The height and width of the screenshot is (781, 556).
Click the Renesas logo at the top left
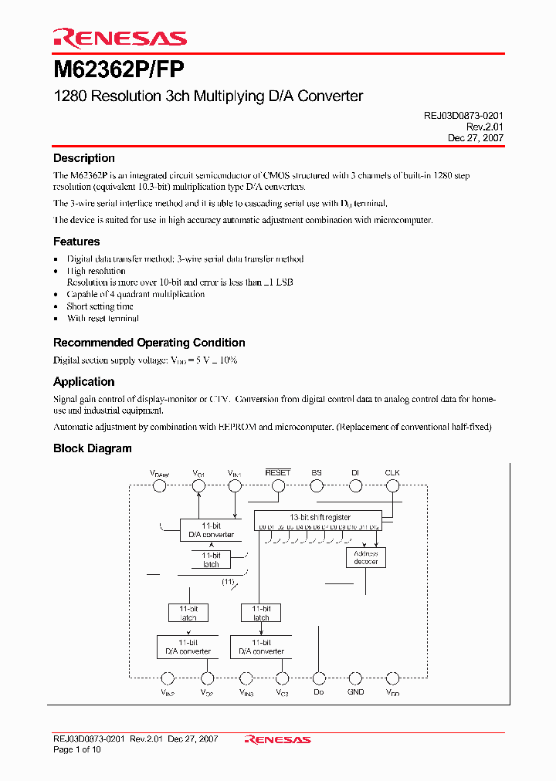coord(119,38)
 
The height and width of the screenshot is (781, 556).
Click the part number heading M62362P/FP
coord(119,70)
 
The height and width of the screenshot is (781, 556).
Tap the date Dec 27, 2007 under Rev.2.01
coord(476,137)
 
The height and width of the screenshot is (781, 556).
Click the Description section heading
coord(83,158)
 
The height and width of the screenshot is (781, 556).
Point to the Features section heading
coord(76,242)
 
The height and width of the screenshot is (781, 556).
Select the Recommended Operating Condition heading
coord(149,343)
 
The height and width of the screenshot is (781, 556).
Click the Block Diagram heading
coord(92,448)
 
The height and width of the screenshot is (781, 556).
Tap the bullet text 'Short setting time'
coord(100,306)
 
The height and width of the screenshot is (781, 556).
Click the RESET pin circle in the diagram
coord(277,485)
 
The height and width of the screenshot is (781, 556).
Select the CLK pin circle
coord(392,485)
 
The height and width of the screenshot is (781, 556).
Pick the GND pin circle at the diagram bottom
coord(355,678)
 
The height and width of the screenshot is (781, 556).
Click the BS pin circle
coord(317,485)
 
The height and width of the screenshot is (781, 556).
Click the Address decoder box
coord(365,557)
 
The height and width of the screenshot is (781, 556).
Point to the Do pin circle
coord(318,678)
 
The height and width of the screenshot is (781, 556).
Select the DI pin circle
coord(355,485)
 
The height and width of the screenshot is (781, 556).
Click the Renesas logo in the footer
coord(277,739)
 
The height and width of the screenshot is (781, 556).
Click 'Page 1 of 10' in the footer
coord(77,749)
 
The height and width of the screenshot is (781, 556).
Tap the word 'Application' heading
coord(83,382)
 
